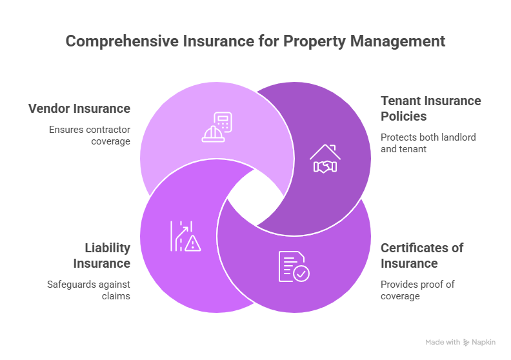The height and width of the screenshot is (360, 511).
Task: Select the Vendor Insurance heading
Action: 79,108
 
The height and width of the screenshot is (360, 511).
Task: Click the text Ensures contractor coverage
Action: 89,135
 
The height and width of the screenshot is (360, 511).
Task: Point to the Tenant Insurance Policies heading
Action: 430,108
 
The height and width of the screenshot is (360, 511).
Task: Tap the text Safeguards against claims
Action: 89,290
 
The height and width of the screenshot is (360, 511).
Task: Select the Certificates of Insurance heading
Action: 422,255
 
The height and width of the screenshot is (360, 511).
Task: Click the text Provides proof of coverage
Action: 409,290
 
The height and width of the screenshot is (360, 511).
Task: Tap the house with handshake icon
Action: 325,159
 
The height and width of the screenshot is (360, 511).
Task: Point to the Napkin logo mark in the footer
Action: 466,342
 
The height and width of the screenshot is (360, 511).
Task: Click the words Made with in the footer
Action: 443,342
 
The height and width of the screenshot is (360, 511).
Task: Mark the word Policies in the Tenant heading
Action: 404,116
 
